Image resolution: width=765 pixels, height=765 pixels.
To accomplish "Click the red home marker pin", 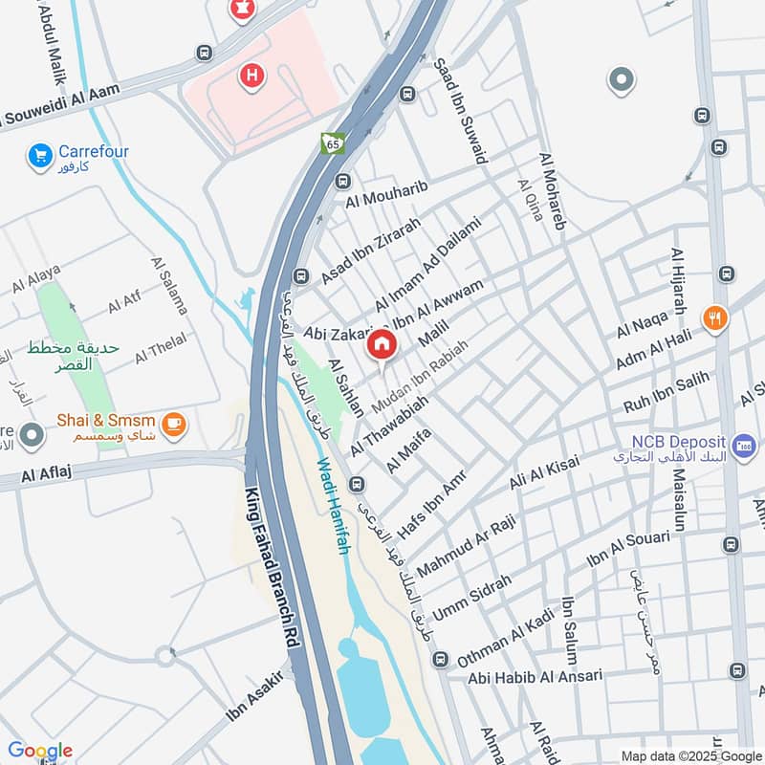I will pos(382,345).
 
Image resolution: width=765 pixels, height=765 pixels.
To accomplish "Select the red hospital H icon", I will pos(252,75).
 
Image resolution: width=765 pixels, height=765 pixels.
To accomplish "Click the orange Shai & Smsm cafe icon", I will pos(173,424).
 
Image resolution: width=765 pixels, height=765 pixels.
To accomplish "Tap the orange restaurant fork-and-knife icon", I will pos(714,319).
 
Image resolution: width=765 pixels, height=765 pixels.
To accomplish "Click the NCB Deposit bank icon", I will pos(743,445).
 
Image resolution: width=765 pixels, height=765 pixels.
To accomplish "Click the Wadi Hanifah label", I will pos(331,507).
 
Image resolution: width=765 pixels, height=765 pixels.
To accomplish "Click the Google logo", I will pos(39,751).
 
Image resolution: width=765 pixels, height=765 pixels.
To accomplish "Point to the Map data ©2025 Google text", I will pos(690,755).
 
